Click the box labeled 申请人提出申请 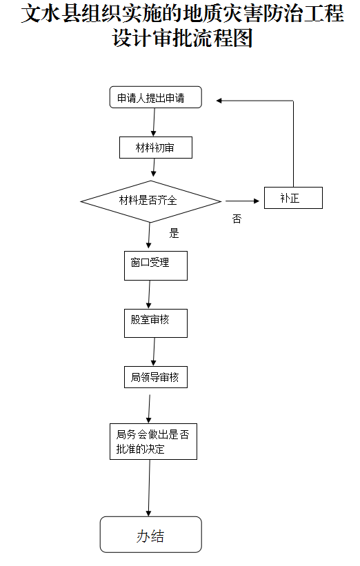[x=156, y=98]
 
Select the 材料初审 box [x=155, y=148]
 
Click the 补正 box [x=292, y=199]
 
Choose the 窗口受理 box [x=155, y=265]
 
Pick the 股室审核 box [x=155, y=322]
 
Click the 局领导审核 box [x=155, y=377]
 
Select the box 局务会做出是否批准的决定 [x=152, y=442]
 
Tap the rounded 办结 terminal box [x=150, y=534]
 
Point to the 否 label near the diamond [x=237, y=220]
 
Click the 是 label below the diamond [x=174, y=233]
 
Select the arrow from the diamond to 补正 [x=243, y=201]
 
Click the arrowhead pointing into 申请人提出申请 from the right [x=219, y=101]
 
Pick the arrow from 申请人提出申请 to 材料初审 [x=154, y=123]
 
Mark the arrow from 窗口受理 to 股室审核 [x=150, y=294]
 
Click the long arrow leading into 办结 [x=149, y=487]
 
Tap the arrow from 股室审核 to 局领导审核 [x=154, y=352]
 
